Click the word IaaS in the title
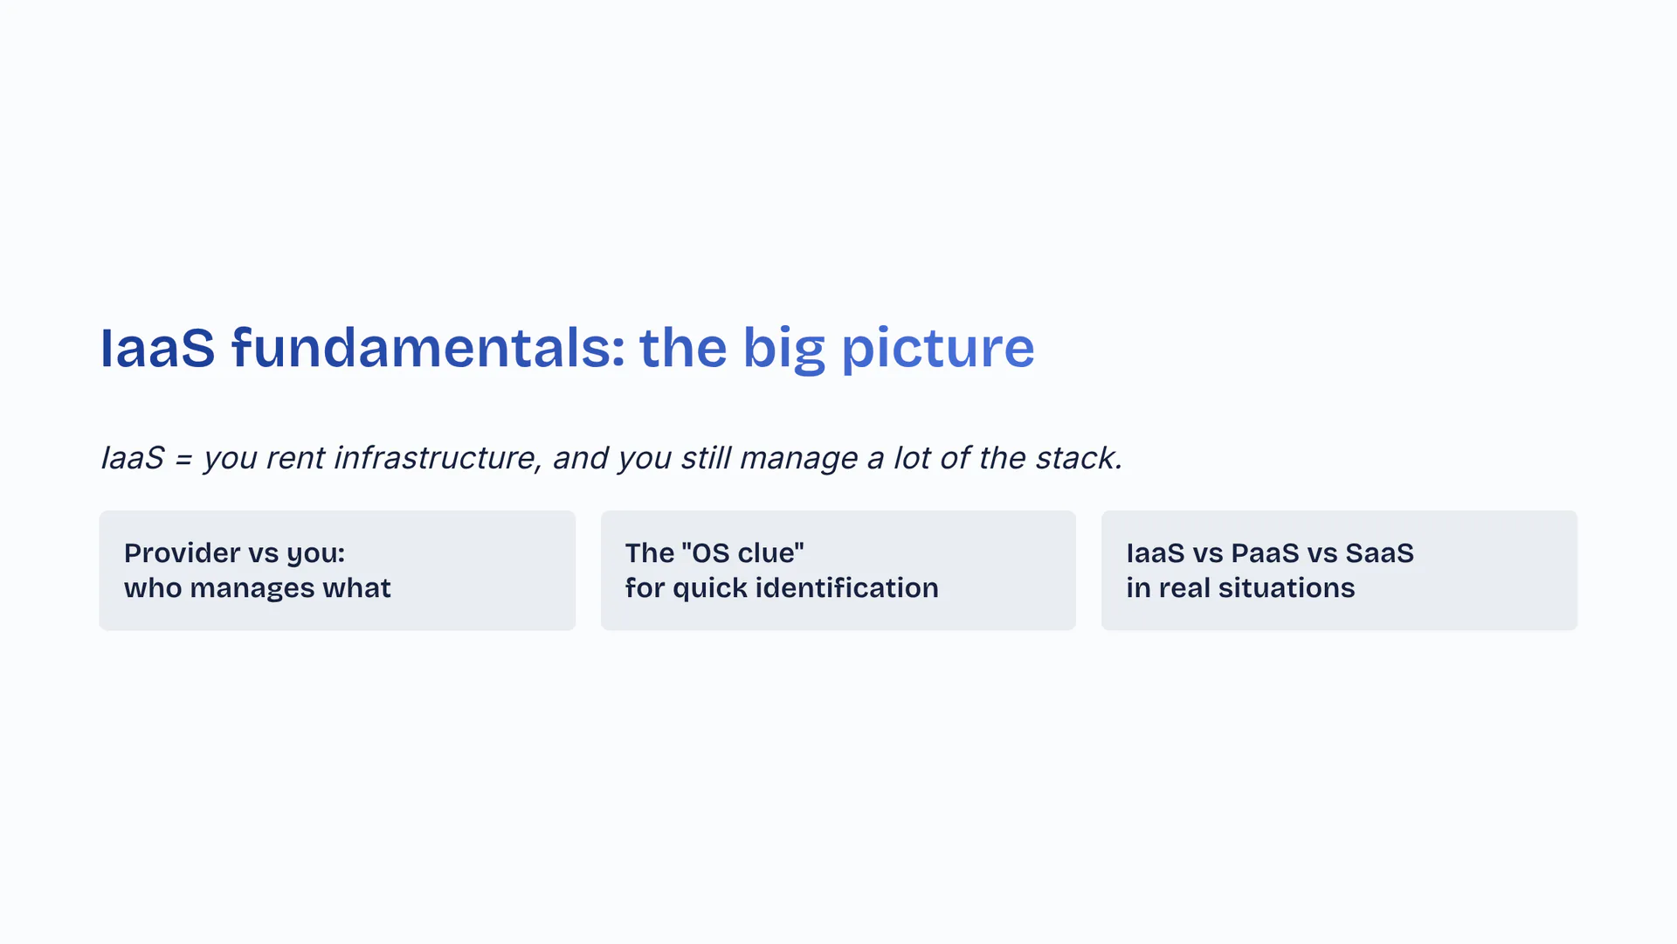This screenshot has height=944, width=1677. [x=157, y=348]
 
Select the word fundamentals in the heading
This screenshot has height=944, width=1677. [x=428, y=347]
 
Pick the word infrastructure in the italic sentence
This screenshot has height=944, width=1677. [x=436, y=457]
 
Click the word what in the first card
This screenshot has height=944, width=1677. [x=356, y=587]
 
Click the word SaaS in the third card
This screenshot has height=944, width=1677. [x=1379, y=552]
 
